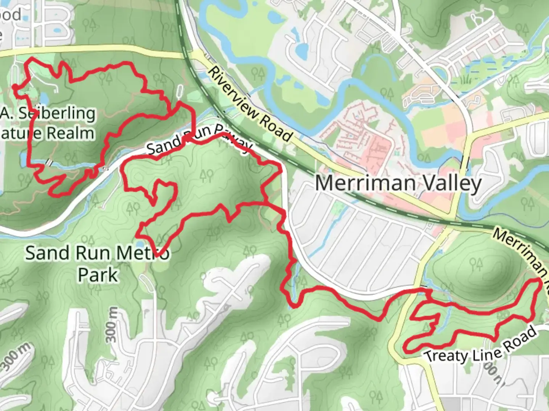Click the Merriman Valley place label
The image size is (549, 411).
pyautogui.click(x=398, y=183)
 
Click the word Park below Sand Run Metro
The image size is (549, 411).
pyautogui.click(x=98, y=275)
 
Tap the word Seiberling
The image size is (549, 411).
pyautogui.click(x=57, y=113)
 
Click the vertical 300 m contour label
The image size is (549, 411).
pyautogui.click(x=111, y=325)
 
